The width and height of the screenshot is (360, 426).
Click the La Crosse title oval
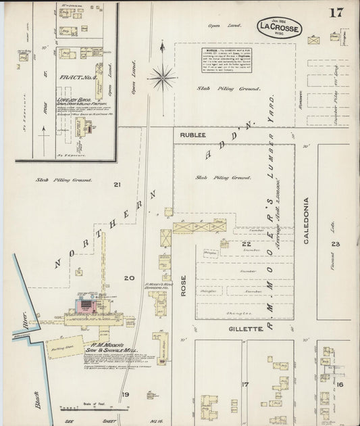pyautogui.click(x=279, y=28)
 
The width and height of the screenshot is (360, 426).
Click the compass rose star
pyautogui.click(x=162, y=77)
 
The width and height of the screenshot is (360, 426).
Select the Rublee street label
pyautogui.click(x=192, y=135)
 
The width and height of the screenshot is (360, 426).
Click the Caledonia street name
pyautogui.click(x=306, y=220)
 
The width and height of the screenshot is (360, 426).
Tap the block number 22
pyautogui.click(x=247, y=244)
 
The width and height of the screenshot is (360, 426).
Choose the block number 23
pyautogui.click(x=336, y=244)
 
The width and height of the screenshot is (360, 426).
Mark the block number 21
pyautogui.click(x=117, y=185)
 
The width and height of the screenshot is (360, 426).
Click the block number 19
pyautogui.click(x=125, y=394)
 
